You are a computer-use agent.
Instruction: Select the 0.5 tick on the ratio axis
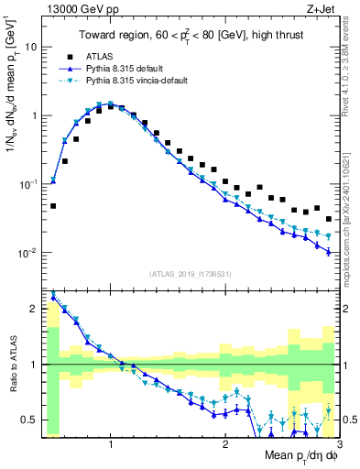coord(30,420)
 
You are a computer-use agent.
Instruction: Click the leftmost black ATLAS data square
coord(53,206)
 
